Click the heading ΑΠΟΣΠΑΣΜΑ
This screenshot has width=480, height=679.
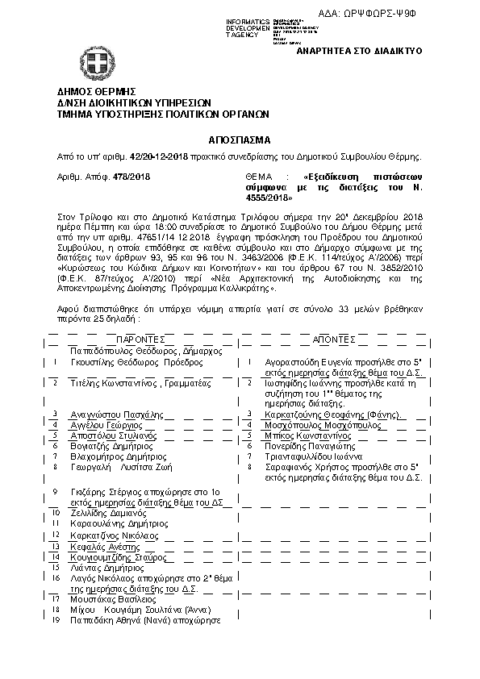[x=240, y=139]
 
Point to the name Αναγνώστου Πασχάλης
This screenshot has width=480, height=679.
[x=111, y=414]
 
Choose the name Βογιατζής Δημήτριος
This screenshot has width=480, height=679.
[x=110, y=445]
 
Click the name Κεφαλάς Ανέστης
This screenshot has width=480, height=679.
[x=102, y=546]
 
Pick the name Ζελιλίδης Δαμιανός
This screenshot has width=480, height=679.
[x=107, y=512]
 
